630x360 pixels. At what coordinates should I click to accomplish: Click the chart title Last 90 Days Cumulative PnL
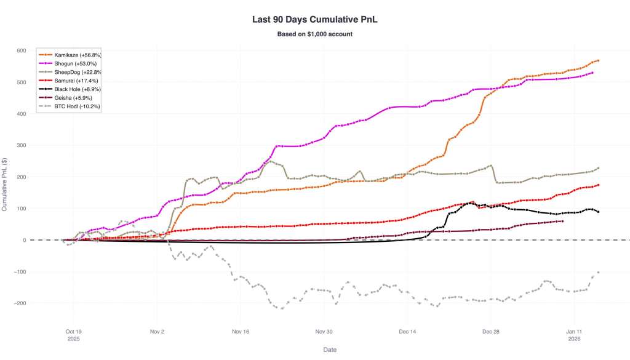[314, 19]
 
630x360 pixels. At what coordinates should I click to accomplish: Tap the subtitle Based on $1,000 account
[314, 34]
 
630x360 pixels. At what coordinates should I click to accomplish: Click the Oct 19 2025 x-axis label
[73, 334]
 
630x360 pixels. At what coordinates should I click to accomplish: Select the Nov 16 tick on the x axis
[241, 330]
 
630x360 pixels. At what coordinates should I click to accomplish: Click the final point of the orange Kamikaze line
[598, 60]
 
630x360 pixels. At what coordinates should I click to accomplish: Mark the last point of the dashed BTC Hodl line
[598, 272]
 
